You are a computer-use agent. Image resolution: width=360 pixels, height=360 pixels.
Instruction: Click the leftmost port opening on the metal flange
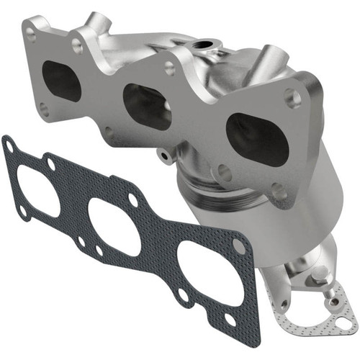[x=62, y=81]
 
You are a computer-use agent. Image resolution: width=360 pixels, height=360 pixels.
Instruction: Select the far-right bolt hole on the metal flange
[x=292, y=99]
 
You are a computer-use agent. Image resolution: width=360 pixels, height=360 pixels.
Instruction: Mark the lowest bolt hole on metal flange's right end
[x=277, y=191]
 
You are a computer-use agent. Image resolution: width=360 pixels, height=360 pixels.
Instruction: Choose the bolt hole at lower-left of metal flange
[x=42, y=109]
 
